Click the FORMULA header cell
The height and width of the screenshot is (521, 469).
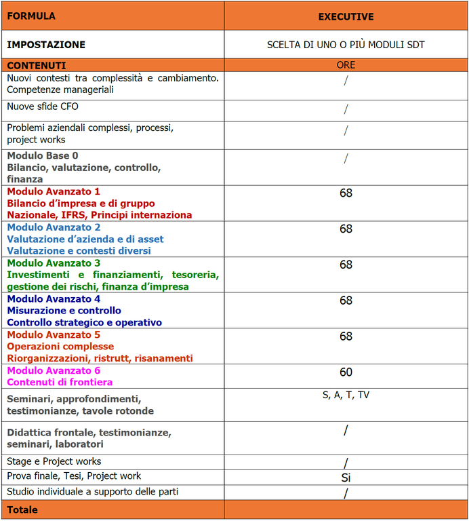[x=31, y=16]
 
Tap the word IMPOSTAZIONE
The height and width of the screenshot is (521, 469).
[x=46, y=45]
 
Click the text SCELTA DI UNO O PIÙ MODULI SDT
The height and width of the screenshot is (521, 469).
[x=346, y=45]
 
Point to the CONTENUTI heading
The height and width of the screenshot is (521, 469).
[x=37, y=66]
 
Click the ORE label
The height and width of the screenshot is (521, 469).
[x=346, y=65]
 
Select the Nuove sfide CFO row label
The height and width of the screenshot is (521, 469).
[x=43, y=107]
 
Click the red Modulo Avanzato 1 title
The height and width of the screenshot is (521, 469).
[x=54, y=191]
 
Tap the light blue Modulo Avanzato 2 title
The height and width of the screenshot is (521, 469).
[x=54, y=227]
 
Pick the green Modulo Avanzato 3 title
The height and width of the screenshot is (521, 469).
[x=54, y=263]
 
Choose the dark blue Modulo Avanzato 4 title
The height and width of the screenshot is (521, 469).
[x=54, y=299]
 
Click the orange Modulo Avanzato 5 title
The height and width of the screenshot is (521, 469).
[x=54, y=335]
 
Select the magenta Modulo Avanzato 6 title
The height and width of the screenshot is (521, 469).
[x=54, y=370]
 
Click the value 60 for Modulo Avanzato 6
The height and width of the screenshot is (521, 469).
[x=346, y=372]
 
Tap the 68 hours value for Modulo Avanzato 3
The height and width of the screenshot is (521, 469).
[x=346, y=265]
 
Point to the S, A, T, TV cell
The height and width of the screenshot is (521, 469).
[x=346, y=395]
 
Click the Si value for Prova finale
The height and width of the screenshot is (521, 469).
[x=346, y=478]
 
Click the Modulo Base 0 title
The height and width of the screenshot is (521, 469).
[x=43, y=155]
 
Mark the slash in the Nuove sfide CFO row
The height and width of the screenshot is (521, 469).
[x=346, y=109]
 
